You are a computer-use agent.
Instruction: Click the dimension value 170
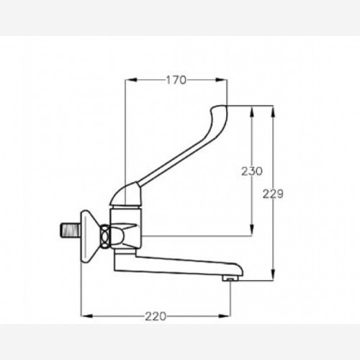(176, 80)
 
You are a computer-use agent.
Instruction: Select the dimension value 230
(252, 171)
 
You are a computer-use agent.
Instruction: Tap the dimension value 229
(273, 194)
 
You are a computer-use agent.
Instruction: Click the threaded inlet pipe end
(70, 230)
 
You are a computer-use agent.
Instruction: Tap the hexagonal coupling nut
(105, 236)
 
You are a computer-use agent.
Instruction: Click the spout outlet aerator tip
(230, 279)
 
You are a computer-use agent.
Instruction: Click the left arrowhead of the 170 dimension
(131, 80)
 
